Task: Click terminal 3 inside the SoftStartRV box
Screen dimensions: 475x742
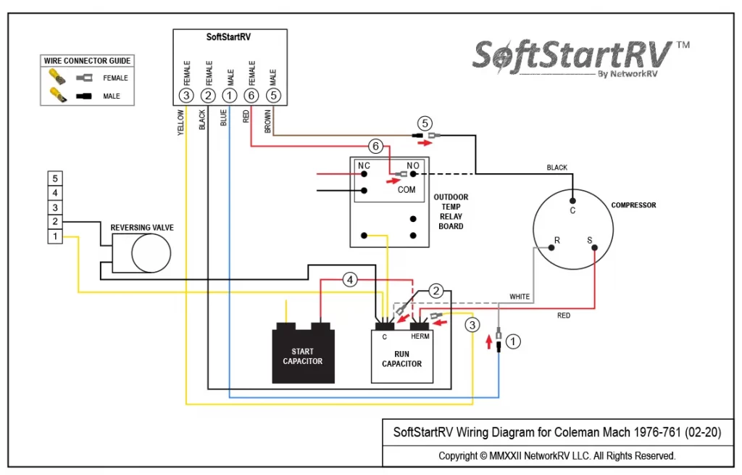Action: coord(186,95)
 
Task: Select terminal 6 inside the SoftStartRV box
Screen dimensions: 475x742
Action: coord(251,95)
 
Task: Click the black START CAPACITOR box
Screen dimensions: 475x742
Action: coord(303,355)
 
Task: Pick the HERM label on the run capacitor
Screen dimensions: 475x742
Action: coord(420,336)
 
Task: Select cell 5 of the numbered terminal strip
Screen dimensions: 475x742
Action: coord(54,178)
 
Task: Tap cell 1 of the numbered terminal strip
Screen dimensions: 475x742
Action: coord(54,236)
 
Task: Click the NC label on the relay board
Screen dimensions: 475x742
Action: coord(364,166)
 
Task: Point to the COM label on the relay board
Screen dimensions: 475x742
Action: coord(407,189)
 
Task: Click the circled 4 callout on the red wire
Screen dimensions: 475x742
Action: coord(350,279)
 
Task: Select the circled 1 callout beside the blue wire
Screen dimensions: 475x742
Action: coord(513,340)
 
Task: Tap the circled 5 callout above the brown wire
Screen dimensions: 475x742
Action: coord(425,123)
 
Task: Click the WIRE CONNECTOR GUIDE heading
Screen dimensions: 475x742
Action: coord(87,61)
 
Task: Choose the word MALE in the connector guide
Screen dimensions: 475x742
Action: coord(112,96)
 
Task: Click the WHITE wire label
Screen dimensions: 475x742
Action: coord(520,297)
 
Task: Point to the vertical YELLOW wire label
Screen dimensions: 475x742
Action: coord(181,121)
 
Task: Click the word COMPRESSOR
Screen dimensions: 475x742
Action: coord(633,205)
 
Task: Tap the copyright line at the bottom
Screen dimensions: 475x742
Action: coord(556,456)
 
